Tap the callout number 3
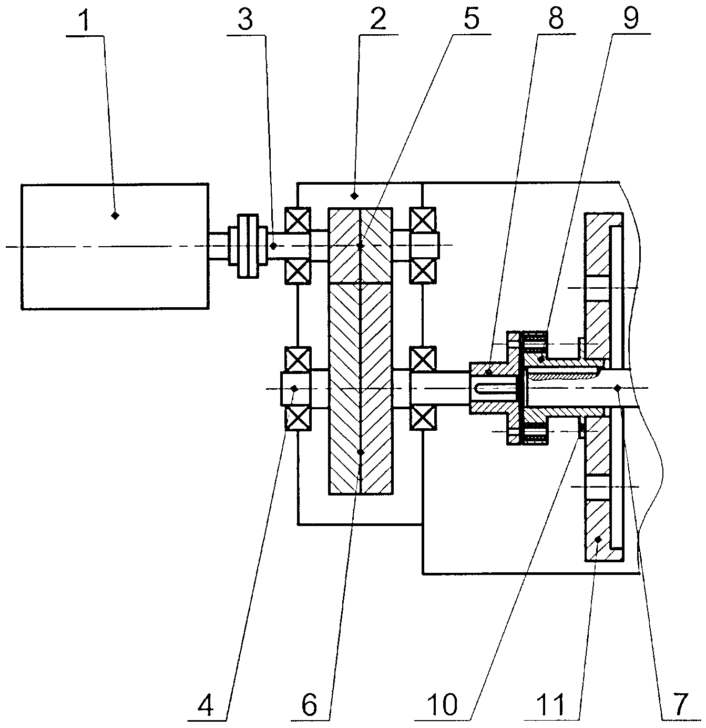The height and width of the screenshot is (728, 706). [245, 19]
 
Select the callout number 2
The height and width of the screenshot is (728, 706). [378, 19]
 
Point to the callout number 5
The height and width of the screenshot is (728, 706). [472, 19]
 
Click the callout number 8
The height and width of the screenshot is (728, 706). [556, 19]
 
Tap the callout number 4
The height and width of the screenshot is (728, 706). [206, 705]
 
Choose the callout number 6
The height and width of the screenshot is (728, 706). [309, 705]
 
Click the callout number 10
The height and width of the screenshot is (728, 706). [443, 705]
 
